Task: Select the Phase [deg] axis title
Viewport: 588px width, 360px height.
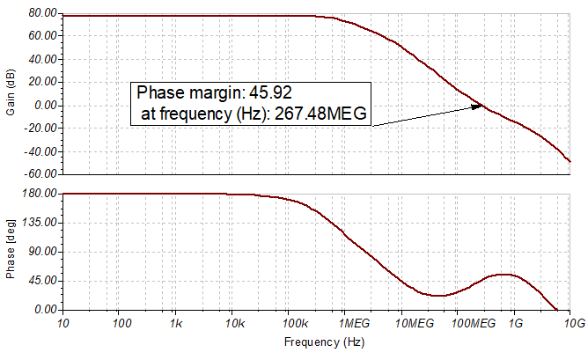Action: [x=11, y=251]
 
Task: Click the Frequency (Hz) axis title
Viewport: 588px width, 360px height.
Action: [x=317, y=340]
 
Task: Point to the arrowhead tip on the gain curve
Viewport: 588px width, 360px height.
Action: [x=482, y=107]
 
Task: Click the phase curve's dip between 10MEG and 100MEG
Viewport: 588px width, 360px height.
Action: [x=437, y=295]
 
